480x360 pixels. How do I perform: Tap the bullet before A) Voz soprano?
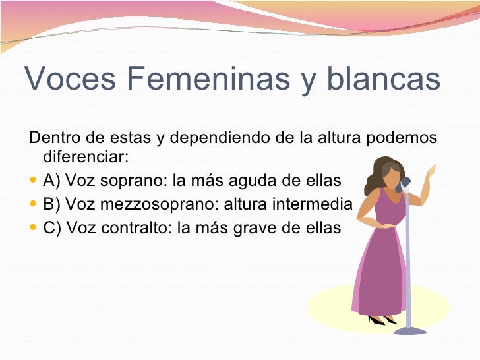34,181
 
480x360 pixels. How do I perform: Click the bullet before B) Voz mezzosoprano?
34,204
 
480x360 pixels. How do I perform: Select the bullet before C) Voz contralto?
34,228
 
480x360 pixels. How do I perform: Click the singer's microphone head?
405,181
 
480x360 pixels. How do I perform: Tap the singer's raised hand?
432,171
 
